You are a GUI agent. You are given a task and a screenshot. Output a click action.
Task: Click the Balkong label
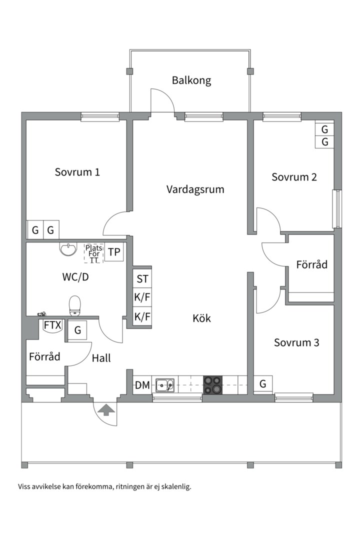click(191, 80)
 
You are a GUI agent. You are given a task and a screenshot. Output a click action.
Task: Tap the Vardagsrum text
click(195, 189)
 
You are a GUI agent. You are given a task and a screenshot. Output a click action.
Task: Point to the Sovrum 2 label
click(294, 177)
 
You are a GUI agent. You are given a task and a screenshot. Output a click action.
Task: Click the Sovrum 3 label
click(296, 342)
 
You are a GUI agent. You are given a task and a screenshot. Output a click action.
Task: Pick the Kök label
click(201, 318)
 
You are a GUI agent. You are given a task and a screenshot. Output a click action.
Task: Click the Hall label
click(101, 358)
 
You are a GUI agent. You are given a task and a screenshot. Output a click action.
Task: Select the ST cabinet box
click(142, 279)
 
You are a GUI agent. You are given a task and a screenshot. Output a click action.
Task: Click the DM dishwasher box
click(142, 385)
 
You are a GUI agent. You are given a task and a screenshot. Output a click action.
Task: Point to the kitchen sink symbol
click(164, 385)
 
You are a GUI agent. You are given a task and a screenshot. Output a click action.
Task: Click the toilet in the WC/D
click(75, 305)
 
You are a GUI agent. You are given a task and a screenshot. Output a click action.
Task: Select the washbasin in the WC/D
click(67, 248)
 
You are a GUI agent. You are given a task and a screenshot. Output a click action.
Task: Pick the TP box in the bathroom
click(114, 252)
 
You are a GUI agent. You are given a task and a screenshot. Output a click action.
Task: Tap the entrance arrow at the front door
click(105, 410)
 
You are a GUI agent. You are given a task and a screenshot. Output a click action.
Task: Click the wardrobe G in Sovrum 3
click(263, 384)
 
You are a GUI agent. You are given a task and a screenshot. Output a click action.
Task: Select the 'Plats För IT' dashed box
click(93, 253)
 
